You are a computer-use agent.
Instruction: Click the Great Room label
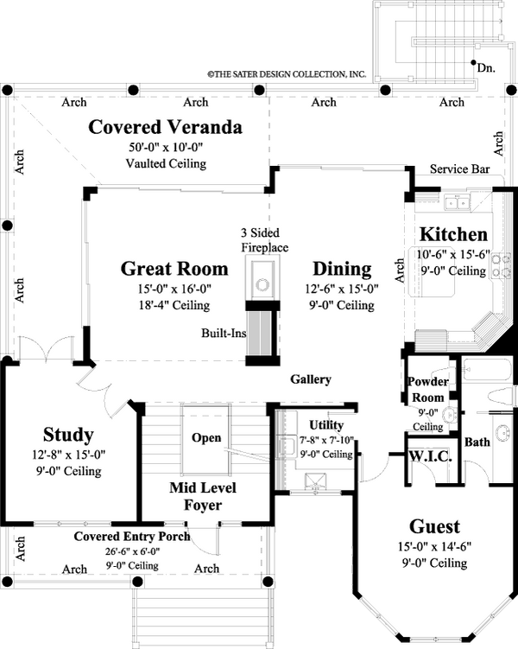tap(174, 269)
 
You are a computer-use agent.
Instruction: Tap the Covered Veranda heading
tap(166, 129)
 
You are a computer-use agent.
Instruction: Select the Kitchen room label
tap(453, 235)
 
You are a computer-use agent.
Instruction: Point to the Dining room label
tap(342, 269)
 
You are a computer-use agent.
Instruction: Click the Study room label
tap(68, 434)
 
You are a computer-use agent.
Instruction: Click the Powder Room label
tap(426, 389)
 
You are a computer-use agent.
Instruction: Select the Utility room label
tap(326, 425)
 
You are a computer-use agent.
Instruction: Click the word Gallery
tap(310, 379)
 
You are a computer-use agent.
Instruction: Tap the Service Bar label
tap(459, 169)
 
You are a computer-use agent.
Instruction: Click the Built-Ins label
tap(222, 333)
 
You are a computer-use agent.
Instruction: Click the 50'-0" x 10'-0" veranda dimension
tap(166, 148)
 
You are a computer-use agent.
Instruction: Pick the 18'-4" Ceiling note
tap(174, 305)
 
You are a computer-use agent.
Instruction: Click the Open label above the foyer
tap(206, 438)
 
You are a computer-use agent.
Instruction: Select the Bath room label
tap(477, 442)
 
